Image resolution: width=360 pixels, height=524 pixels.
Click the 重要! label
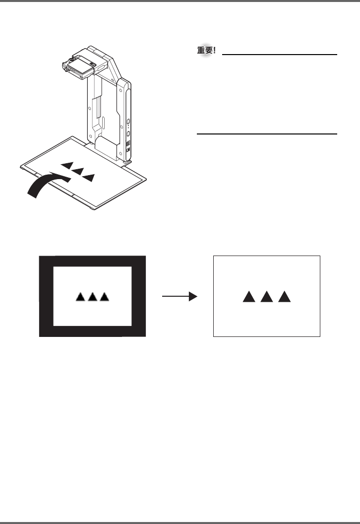[206, 51]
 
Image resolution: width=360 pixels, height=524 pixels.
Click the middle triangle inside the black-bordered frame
[92, 297]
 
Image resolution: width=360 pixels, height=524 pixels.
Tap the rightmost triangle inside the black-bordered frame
[104, 297]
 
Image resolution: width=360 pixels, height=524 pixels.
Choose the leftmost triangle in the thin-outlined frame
[249, 297]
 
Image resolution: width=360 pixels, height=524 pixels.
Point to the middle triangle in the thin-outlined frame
[267, 297]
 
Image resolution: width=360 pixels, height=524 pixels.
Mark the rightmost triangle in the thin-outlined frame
[284, 297]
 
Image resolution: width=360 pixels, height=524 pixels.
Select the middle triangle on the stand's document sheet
[77, 171]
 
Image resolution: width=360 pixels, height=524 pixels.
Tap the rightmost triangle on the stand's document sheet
[89, 177]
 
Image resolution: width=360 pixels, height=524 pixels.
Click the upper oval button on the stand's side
[127, 122]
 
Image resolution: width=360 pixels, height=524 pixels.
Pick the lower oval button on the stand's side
[127, 133]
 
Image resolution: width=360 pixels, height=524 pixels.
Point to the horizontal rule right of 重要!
[280, 55]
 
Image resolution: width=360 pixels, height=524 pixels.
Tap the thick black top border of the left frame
[93, 261]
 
